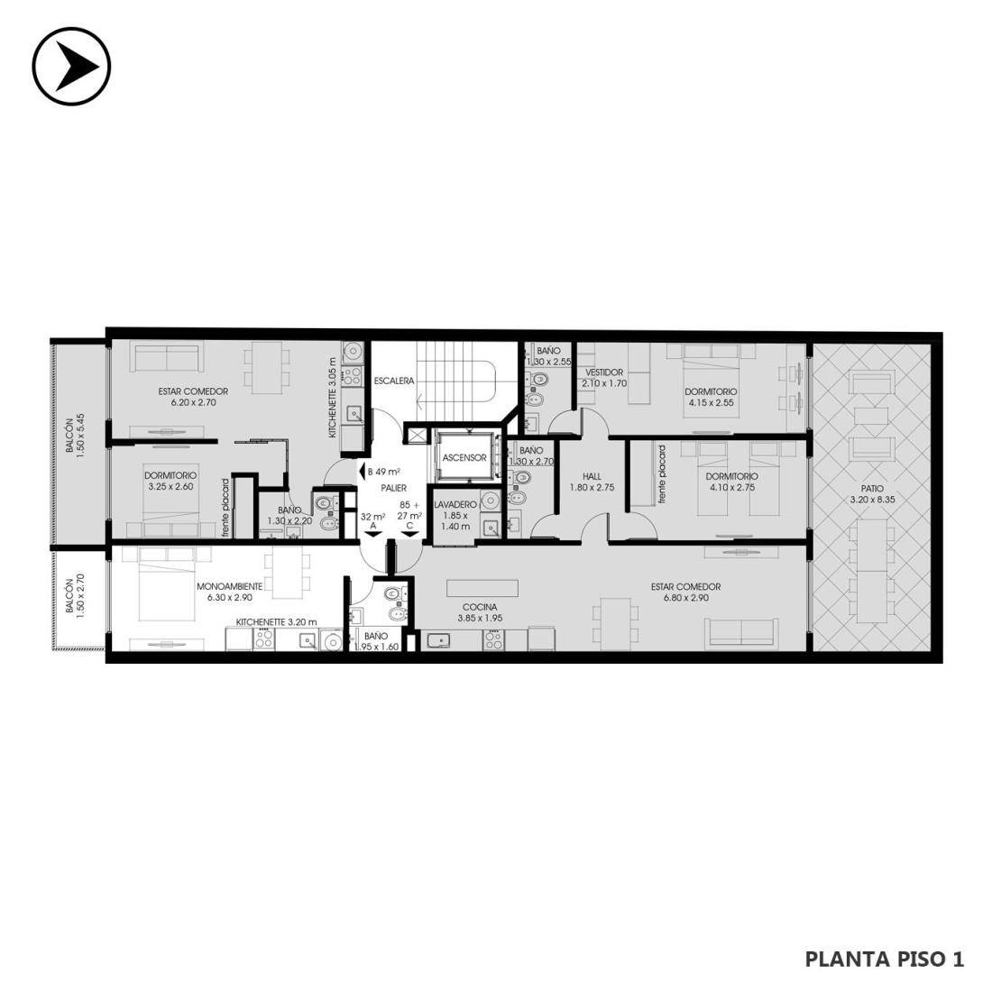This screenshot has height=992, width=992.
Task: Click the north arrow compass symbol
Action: point(71,66)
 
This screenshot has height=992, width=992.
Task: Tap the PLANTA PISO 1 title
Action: point(885,960)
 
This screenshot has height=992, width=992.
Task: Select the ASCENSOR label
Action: point(464,457)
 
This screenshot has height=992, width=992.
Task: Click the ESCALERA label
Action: point(393,381)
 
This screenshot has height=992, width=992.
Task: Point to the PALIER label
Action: point(393,488)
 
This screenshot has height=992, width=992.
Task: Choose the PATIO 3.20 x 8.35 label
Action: point(872,494)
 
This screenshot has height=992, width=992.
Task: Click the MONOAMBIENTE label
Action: point(229,586)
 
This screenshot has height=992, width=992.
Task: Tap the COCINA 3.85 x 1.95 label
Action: point(480,612)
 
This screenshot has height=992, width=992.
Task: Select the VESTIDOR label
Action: point(604,372)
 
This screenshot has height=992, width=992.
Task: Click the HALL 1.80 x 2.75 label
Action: point(592,482)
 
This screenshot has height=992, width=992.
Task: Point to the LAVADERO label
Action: point(455,504)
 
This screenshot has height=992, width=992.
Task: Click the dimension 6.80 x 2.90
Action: point(685,597)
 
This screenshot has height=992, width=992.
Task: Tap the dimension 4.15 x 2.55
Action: point(712,401)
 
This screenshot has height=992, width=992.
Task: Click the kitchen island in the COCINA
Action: point(482,588)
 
